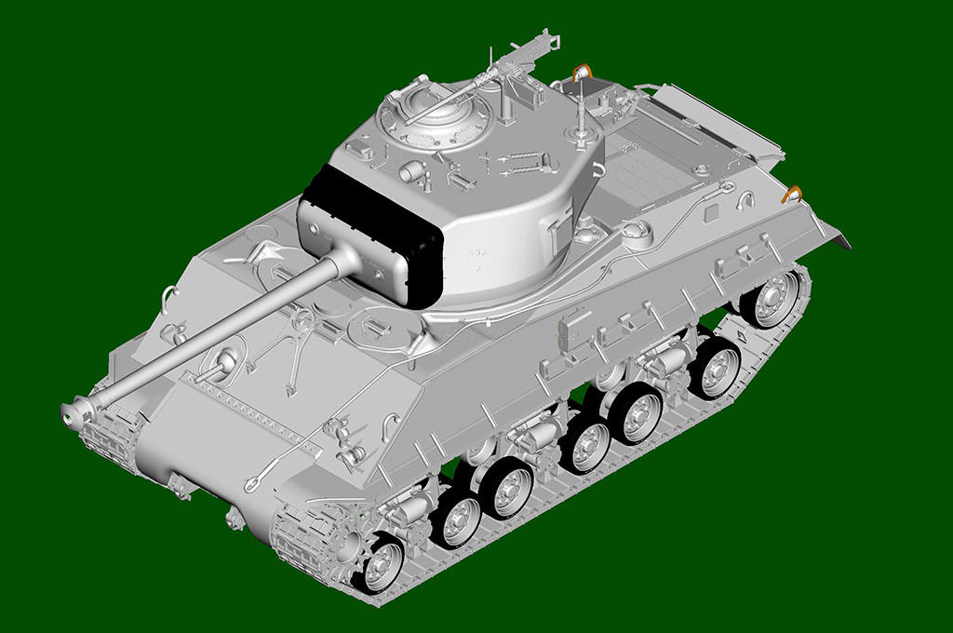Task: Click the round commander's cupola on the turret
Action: [433, 120]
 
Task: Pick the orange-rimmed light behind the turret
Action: [582, 72]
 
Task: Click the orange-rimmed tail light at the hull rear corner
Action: [792, 194]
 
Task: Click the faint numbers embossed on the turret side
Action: [477, 256]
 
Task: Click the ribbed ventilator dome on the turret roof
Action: [410, 171]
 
